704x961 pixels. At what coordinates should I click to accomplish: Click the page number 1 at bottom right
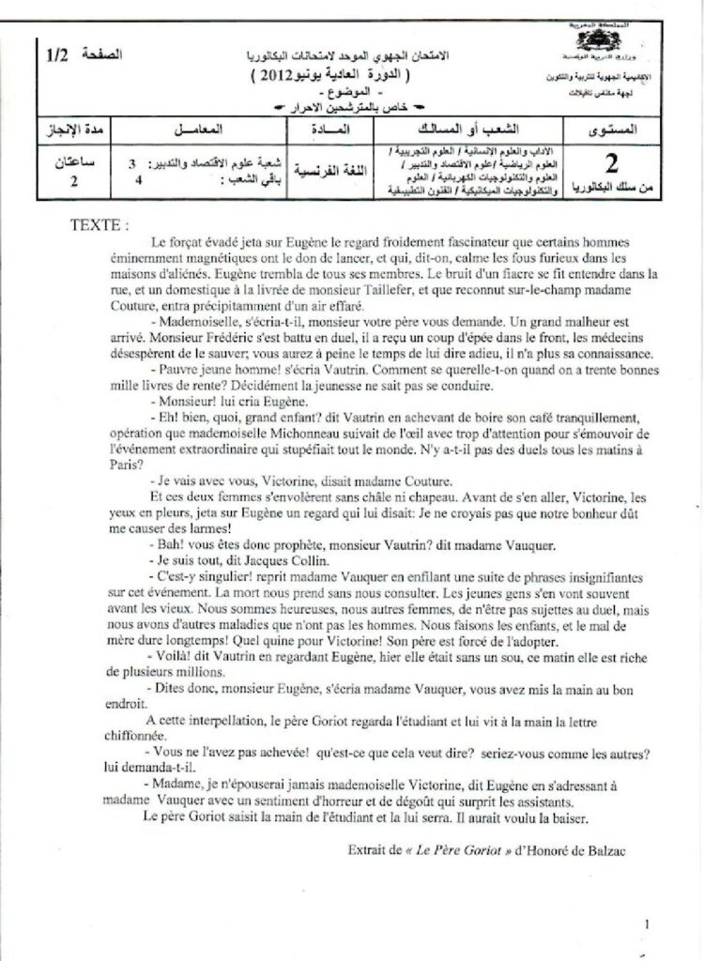(x=647, y=924)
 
